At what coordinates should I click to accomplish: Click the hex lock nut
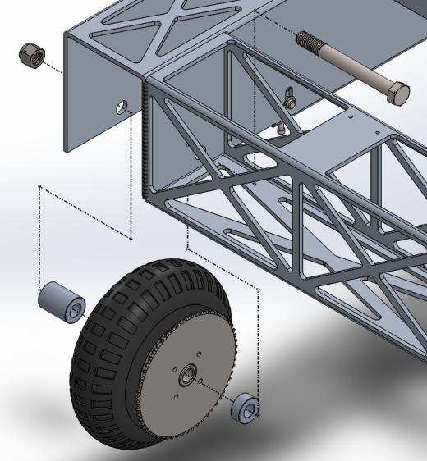tap(30, 55)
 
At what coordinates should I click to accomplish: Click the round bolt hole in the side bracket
tap(122, 107)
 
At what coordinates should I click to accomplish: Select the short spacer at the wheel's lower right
tap(245, 409)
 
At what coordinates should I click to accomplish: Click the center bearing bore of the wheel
tap(187, 377)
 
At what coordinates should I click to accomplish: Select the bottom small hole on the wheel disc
tap(177, 397)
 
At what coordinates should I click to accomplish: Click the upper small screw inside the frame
tap(290, 101)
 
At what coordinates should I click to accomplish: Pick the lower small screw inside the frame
tap(281, 128)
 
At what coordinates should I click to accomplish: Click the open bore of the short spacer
tap(252, 411)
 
